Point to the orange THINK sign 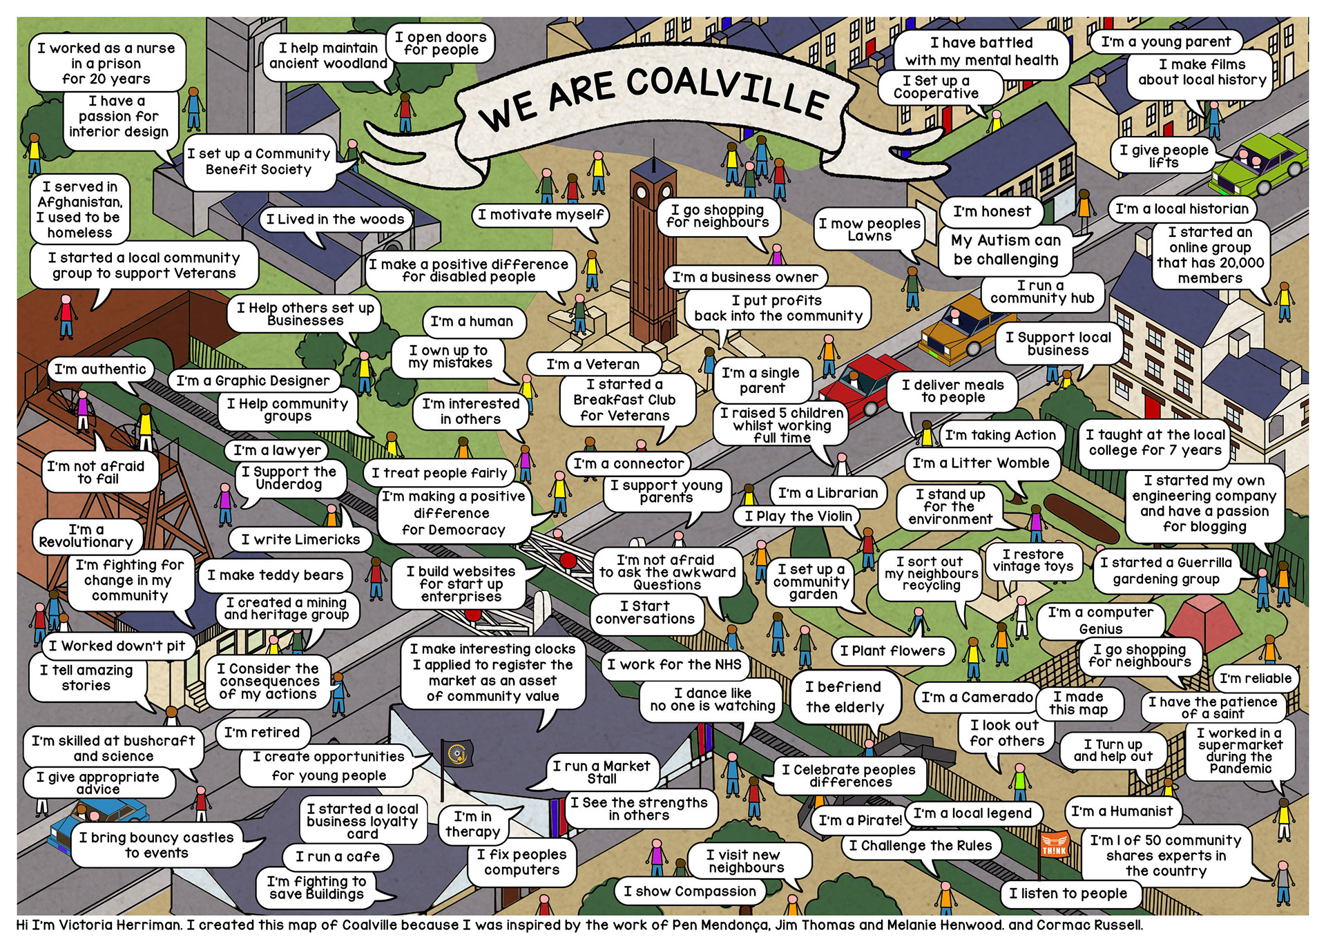(x=1055, y=844)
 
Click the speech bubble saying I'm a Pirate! (x=860, y=820)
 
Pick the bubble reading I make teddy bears (x=275, y=575)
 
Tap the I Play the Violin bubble (x=798, y=516)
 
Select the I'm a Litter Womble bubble (x=981, y=463)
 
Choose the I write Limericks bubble (x=300, y=539)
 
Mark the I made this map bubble (x=1078, y=703)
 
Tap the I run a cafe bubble (x=338, y=857)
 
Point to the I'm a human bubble (x=472, y=322)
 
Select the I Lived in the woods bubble (x=335, y=220)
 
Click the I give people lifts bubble (x=1164, y=156)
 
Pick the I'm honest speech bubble (x=992, y=212)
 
